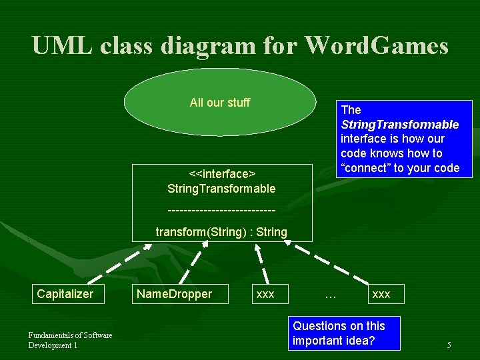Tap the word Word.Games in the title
coord(377,46)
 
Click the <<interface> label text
coord(222,174)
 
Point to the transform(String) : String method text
coord(221,232)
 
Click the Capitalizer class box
coord(65,294)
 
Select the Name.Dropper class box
coord(174,294)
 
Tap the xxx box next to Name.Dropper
coord(265,294)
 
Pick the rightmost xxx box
coord(381,294)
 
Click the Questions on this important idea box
coord(339,333)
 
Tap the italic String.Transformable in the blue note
coord(399,125)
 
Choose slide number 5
coord(449,345)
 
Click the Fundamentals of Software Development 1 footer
coord(70,340)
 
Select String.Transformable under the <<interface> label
coord(221,189)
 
